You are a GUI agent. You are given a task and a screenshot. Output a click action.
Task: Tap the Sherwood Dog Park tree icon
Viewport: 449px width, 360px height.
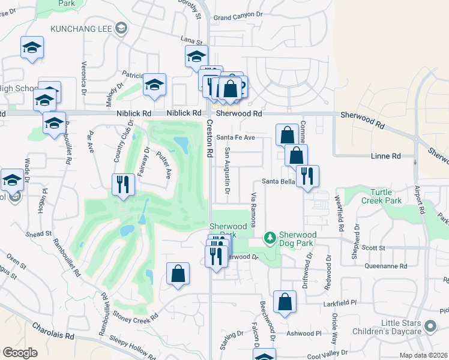[270, 239]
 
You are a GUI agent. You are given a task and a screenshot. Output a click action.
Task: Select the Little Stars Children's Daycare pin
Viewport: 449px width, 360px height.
[430, 326]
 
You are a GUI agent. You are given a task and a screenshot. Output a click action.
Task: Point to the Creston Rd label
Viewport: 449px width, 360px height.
[210, 139]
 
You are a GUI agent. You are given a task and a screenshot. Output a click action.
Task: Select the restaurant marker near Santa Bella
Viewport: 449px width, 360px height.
[307, 175]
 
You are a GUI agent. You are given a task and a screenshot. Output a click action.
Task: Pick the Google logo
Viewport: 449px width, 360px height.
[20, 353]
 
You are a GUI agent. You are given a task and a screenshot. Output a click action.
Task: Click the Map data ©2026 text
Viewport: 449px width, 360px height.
[423, 355]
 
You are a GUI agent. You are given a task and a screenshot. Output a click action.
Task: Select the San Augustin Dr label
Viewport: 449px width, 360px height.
[228, 172]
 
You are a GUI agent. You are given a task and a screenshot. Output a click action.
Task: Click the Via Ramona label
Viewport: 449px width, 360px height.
[254, 209]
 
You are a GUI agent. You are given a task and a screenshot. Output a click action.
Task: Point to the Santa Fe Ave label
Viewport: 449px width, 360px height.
[236, 137]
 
